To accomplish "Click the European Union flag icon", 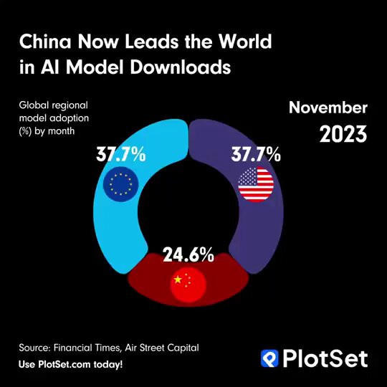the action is click(120, 184).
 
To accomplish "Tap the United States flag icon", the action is click(256, 184).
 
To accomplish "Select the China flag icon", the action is click(188, 285).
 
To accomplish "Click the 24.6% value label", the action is click(188, 254).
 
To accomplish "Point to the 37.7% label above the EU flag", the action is click(121, 154).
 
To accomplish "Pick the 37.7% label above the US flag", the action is click(256, 154).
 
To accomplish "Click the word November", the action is click(328, 107).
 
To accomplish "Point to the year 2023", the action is click(343, 134).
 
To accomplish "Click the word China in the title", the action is click(45, 41).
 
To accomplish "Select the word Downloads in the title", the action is click(181, 67).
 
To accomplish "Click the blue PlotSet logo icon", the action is click(269, 358).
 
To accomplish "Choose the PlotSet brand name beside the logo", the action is click(325, 358).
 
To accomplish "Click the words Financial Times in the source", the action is click(87, 348).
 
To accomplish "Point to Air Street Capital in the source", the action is click(162, 348).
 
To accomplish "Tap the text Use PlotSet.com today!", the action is click(70, 364).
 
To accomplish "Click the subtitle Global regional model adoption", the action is click(54, 112).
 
